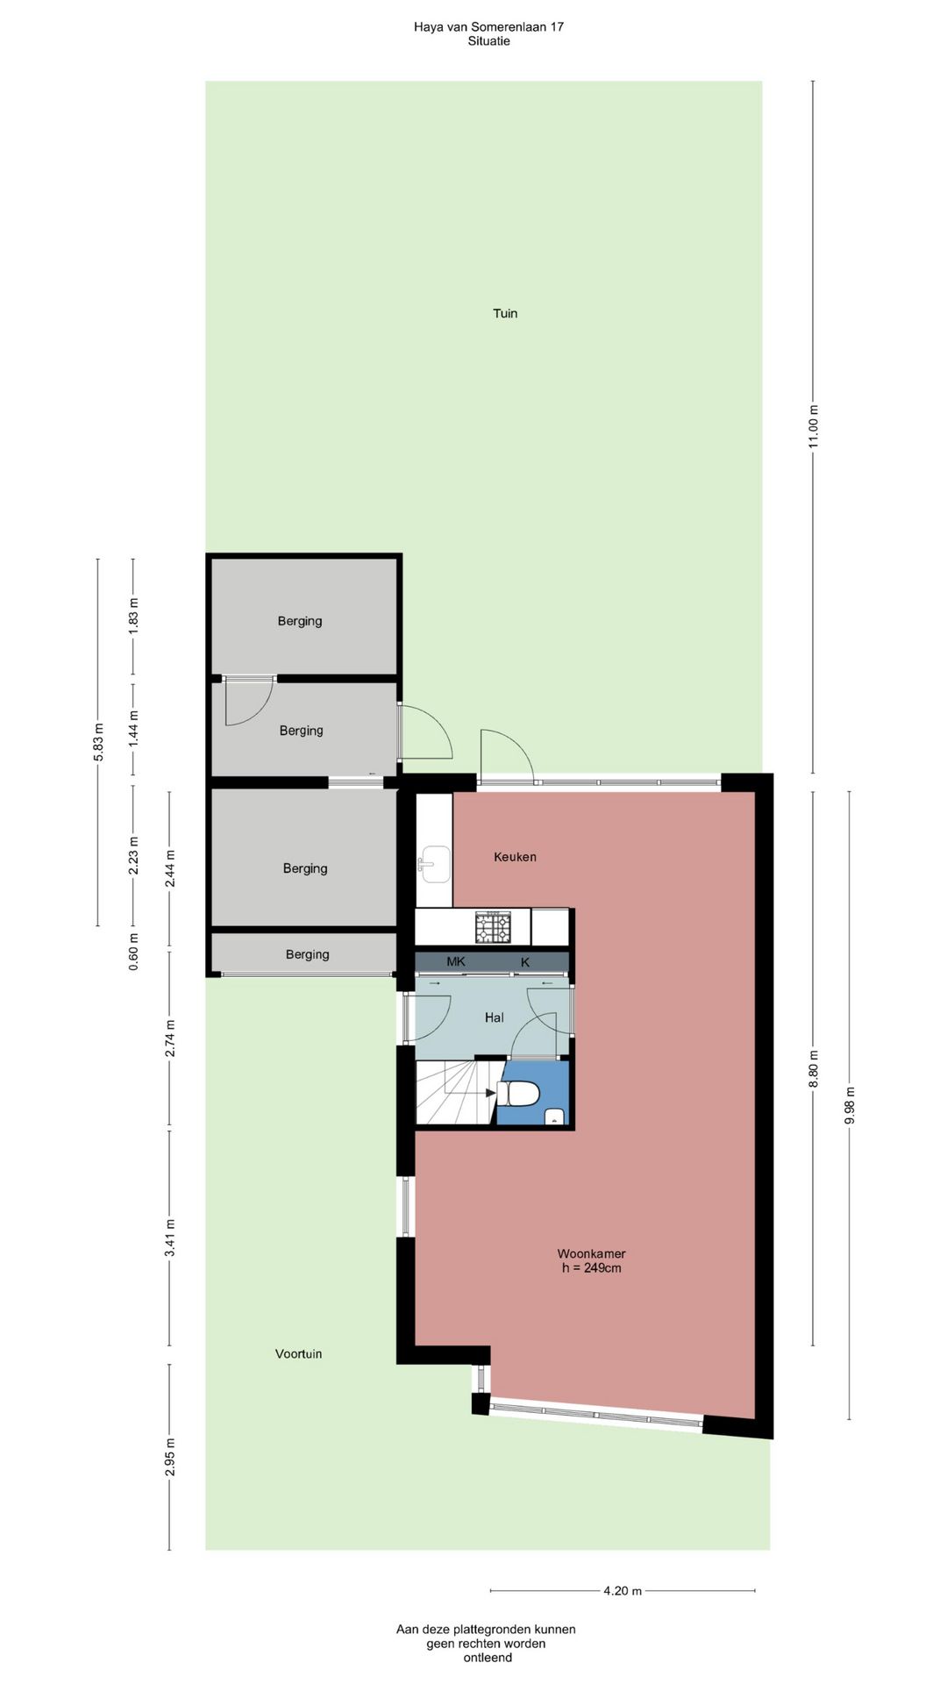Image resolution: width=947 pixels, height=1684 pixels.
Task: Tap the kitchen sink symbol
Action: point(433,864)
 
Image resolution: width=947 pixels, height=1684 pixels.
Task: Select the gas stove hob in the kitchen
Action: point(493,927)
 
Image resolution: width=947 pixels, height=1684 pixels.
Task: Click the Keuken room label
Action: point(515,857)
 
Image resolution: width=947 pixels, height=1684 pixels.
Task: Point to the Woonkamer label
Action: point(591,1253)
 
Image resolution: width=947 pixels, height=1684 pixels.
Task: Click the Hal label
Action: point(495,1017)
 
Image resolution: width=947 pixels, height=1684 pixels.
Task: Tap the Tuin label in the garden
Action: point(505,313)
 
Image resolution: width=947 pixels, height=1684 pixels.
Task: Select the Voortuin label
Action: point(298,1353)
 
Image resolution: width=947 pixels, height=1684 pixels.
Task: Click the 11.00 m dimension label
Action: point(813,426)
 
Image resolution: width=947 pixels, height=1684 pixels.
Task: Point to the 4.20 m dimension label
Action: point(623,1590)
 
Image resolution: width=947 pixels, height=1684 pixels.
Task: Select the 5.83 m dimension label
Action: point(98,742)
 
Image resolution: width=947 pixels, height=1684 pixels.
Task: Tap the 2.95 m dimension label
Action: point(170,1457)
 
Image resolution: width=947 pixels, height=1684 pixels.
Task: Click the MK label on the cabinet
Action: point(456,961)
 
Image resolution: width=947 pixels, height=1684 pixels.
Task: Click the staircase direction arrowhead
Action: point(491,1093)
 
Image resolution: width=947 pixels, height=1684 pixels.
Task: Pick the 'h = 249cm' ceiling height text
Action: point(592,1268)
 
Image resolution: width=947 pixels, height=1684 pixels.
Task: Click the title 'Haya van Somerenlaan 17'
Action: point(488,26)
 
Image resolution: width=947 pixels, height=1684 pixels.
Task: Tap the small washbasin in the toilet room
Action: point(554,1116)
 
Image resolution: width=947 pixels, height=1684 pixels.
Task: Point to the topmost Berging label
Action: point(300,621)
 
